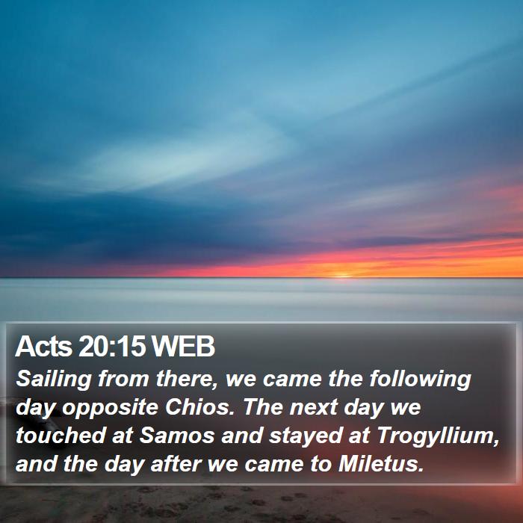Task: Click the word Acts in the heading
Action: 43,346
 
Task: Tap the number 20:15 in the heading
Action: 112,346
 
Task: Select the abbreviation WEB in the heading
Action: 183,346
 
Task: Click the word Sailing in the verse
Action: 54,380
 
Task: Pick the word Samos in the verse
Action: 177,436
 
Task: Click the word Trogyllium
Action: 438,436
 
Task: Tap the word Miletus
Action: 381,464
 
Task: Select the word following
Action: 420,380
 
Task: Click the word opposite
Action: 110,408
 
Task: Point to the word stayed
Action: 306,436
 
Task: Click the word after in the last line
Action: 176,464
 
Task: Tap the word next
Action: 313,408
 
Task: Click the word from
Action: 123,379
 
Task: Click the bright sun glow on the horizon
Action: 341,276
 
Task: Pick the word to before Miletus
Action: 321,465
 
